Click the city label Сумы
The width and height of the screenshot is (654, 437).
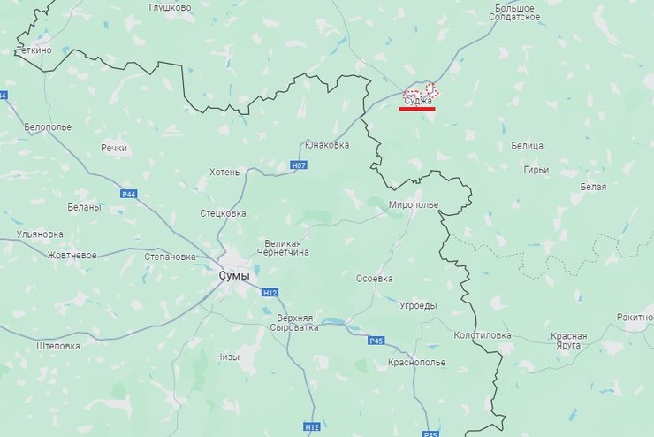tap(234, 276)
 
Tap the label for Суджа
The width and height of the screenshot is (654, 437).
tap(417, 101)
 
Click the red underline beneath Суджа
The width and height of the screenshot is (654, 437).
tap(417, 109)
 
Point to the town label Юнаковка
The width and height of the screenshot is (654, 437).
tap(326, 144)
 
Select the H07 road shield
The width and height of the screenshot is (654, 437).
tap(299, 165)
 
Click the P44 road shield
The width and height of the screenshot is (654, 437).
tap(129, 194)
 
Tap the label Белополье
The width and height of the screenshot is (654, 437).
tap(47, 127)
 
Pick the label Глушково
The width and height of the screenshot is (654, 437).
tap(171, 7)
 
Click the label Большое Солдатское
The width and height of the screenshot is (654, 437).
tap(513, 12)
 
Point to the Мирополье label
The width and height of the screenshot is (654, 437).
tap(414, 204)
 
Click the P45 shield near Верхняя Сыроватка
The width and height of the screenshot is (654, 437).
tap(376, 341)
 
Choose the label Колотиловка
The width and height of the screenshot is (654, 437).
tap(482, 335)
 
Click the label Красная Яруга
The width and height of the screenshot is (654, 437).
tap(569, 341)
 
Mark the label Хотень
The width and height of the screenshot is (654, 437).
tap(224, 172)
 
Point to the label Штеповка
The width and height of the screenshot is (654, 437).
tap(59, 346)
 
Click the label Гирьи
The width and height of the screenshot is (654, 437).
tap(536, 170)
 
